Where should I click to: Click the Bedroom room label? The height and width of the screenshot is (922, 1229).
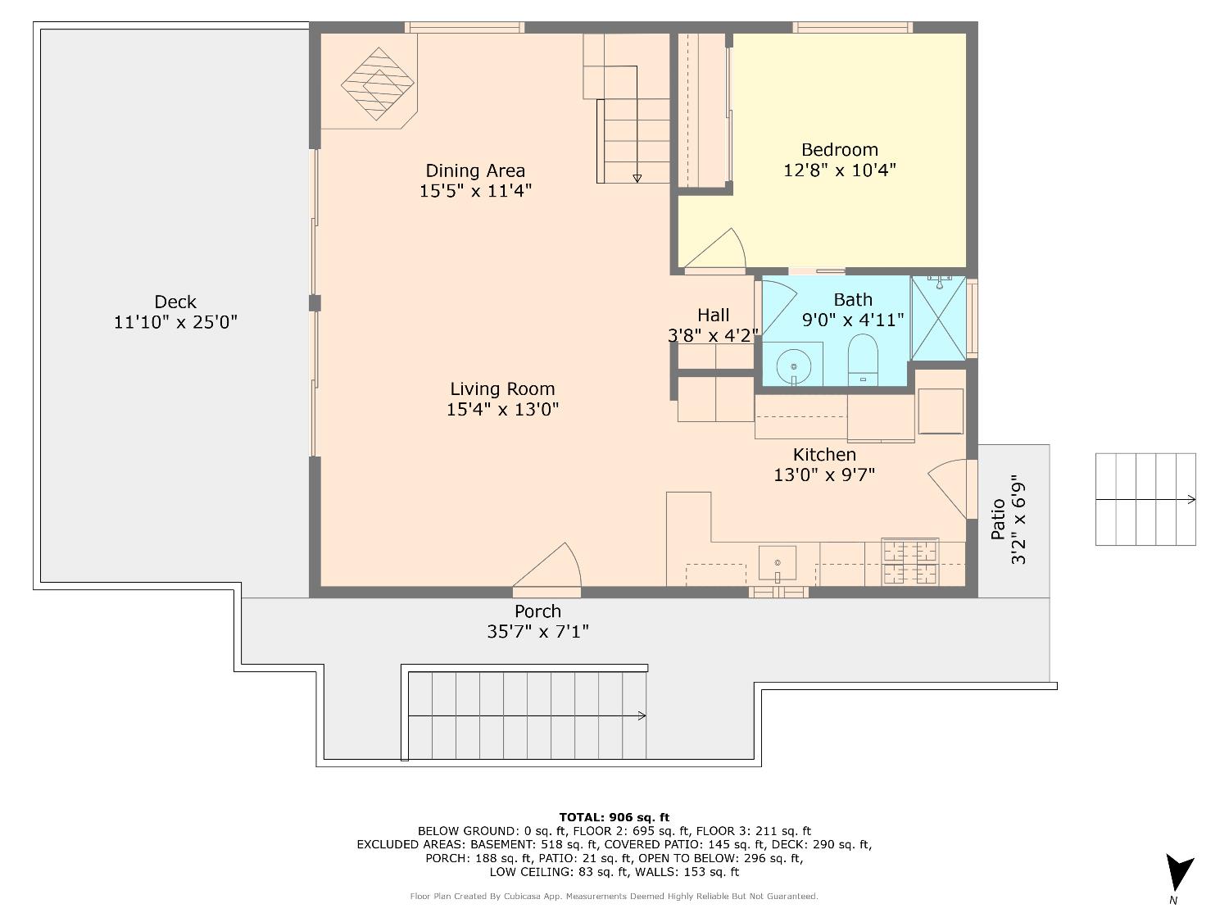coord(839,150)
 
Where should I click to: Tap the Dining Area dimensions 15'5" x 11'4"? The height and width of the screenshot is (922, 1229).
coord(475,191)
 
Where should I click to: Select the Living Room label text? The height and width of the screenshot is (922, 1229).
coord(502,389)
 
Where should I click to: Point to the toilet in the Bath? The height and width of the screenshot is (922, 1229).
coord(862,360)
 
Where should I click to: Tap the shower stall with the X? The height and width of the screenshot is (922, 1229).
coord(938,318)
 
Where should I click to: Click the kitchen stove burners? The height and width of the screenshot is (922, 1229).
coord(909,562)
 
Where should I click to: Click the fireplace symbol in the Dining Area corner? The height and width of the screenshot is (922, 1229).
coord(378,84)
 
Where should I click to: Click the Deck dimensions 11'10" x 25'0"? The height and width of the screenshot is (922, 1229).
coord(175,322)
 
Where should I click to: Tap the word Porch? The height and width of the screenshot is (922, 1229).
coord(537,611)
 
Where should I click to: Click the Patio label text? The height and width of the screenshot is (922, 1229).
coord(998,520)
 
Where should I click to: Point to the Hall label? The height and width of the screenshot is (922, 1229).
coord(714,316)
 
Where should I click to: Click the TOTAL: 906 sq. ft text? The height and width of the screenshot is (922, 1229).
coord(614,817)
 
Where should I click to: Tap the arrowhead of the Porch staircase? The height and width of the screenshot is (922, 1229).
coord(642,715)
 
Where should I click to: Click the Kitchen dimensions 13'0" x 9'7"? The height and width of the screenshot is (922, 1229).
coord(824,475)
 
